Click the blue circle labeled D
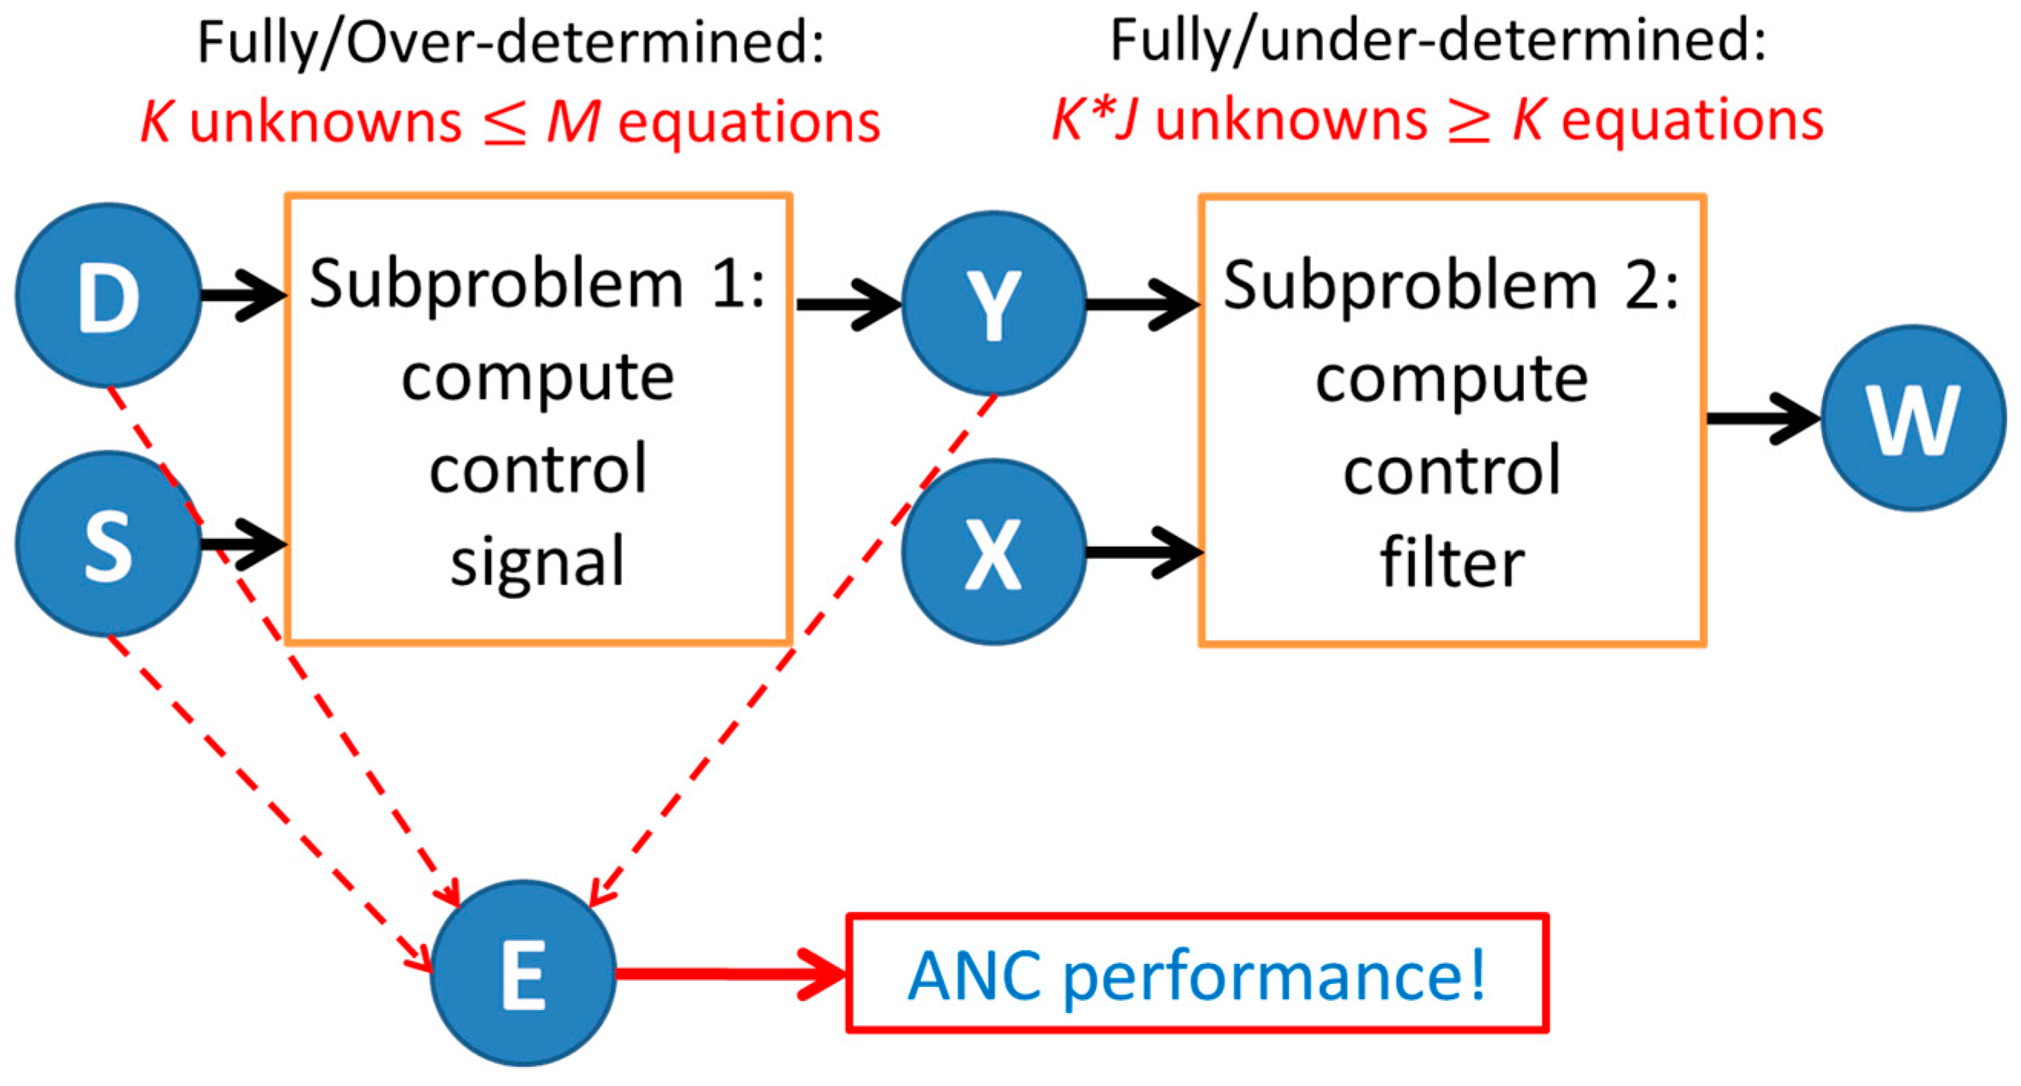108,296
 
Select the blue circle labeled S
108,544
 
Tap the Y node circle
994,304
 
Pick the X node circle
994,552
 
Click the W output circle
1913,418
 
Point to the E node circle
523,973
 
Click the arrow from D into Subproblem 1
243,296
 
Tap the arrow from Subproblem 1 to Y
848,304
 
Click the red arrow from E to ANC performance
729,974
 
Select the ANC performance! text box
1196,974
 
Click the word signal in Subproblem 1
538,562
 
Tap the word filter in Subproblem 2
1451,562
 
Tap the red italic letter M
573,122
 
